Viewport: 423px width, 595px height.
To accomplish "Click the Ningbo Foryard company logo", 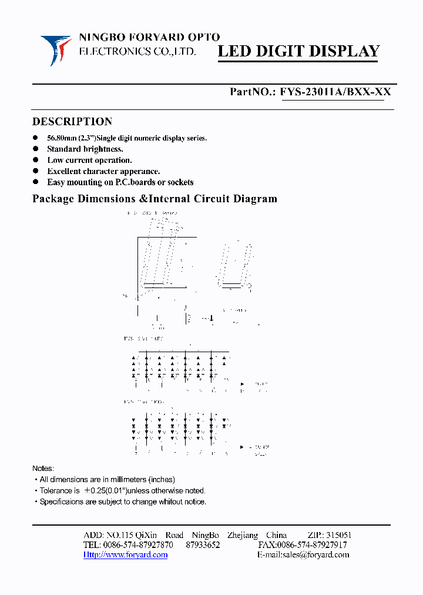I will [x=56, y=50].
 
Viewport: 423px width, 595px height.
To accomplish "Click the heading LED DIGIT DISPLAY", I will [x=298, y=51].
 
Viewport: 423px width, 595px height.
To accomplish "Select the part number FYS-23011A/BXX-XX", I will [x=335, y=92].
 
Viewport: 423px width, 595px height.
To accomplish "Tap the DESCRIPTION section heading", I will [x=72, y=122].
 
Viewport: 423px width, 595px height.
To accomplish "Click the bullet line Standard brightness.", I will [x=85, y=149].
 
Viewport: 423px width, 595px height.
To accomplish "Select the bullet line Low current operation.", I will [x=89, y=160].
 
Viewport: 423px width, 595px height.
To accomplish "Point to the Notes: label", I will [x=43, y=468].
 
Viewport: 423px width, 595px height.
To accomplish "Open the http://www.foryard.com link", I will [x=125, y=554].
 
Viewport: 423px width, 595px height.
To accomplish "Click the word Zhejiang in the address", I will [x=242, y=535].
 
